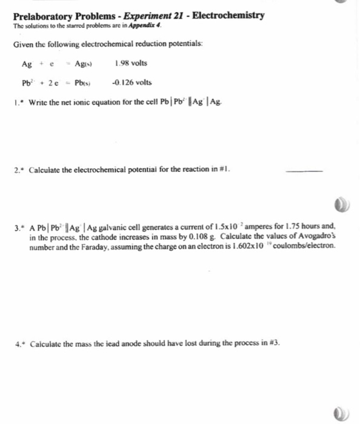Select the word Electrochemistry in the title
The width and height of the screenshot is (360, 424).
(228, 16)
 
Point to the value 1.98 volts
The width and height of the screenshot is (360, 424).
(130, 63)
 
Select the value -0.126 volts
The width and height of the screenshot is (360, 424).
(132, 82)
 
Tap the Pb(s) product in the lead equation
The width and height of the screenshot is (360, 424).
(83, 83)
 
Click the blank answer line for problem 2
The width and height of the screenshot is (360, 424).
(304, 172)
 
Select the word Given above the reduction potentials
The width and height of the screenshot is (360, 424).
(24, 45)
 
